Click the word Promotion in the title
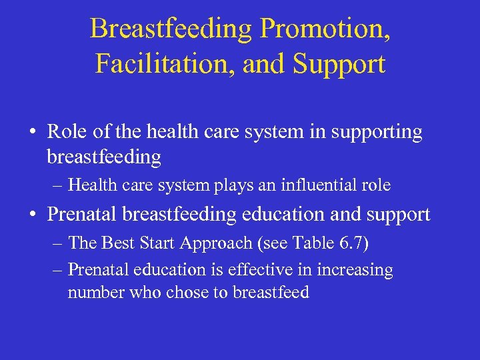coord(325,29)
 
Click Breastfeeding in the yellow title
coord(171,29)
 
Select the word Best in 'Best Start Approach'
coord(119,243)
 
